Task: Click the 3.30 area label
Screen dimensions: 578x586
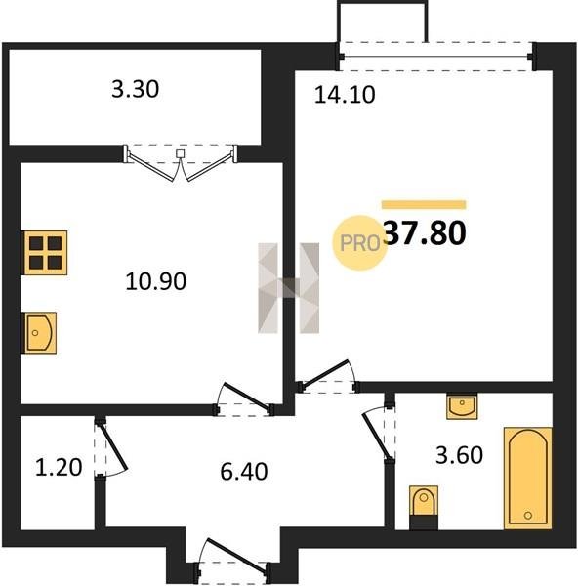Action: click(136, 90)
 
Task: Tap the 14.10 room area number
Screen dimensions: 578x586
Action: click(345, 95)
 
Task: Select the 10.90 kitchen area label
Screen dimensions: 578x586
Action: click(156, 281)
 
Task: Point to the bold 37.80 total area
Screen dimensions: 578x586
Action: click(425, 232)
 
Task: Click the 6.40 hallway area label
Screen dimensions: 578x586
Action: click(244, 472)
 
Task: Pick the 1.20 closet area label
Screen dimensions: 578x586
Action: click(59, 468)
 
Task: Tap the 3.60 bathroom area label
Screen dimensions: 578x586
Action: click(459, 455)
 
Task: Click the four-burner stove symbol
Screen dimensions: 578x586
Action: click(46, 253)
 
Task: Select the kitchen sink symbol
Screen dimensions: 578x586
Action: click(40, 333)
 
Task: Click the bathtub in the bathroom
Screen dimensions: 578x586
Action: click(528, 478)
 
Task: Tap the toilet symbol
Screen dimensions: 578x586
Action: click(424, 507)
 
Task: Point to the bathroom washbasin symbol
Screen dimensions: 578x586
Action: click(462, 406)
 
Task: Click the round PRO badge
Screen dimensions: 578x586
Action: click(359, 243)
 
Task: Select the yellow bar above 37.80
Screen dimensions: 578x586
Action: click(424, 204)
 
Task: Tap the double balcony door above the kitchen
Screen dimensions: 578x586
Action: click(181, 162)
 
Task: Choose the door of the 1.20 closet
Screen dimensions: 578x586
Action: click(110, 448)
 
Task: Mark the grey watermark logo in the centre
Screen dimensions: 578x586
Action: click(288, 288)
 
